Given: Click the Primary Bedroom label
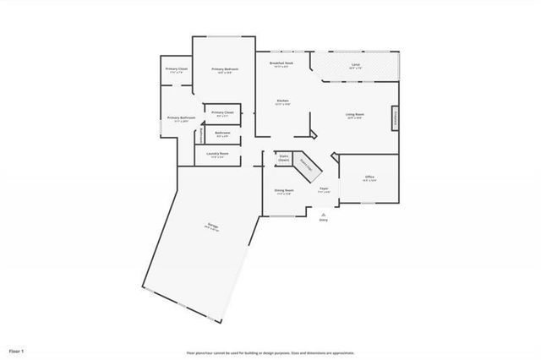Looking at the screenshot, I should click(x=225, y=69).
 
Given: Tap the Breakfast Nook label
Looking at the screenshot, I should click(x=281, y=63).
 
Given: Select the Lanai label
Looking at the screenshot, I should click(x=356, y=63).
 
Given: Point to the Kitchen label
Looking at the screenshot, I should click(x=282, y=101).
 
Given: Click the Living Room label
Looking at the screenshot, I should click(x=354, y=114).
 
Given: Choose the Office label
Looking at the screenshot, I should click(x=369, y=177).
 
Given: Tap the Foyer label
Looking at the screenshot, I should click(x=324, y=189).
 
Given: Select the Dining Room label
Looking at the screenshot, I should click(x=284, y=191).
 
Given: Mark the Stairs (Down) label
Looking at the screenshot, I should click(x=284, y=157).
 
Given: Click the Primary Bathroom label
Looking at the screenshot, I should click(x=181, y=118).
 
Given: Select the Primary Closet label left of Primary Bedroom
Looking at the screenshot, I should click(x=177, y=69).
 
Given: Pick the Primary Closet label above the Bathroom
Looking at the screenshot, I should click(x=223, y=112).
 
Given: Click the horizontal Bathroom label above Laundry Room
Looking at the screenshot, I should click(x=223, y=133).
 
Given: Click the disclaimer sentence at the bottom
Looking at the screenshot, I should click(x=270, y=352).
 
